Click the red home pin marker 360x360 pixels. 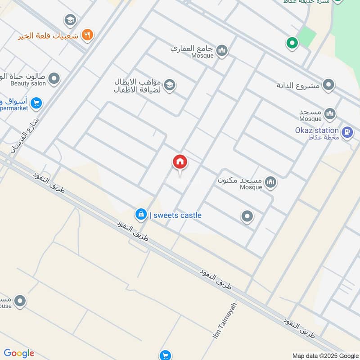pos(180,162)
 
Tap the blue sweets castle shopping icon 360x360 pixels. pos(141,215)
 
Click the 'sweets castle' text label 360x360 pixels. pos(177,216)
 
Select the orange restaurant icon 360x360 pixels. pos(88,35)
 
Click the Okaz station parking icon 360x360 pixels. pos(347,132)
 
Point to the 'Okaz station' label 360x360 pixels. pos(317,130)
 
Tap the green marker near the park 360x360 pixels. pos(292,43)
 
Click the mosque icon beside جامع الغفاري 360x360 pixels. pos(221,51)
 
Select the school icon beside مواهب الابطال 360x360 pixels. pos(169,85)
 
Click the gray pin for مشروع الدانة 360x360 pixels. pos(329,85)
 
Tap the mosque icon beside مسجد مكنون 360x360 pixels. pos(270,182)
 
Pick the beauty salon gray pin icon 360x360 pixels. pos(54,79)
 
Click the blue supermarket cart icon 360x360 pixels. pos(37,103)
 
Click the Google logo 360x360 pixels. pos(19,353)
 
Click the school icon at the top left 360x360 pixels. pos(70,19)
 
